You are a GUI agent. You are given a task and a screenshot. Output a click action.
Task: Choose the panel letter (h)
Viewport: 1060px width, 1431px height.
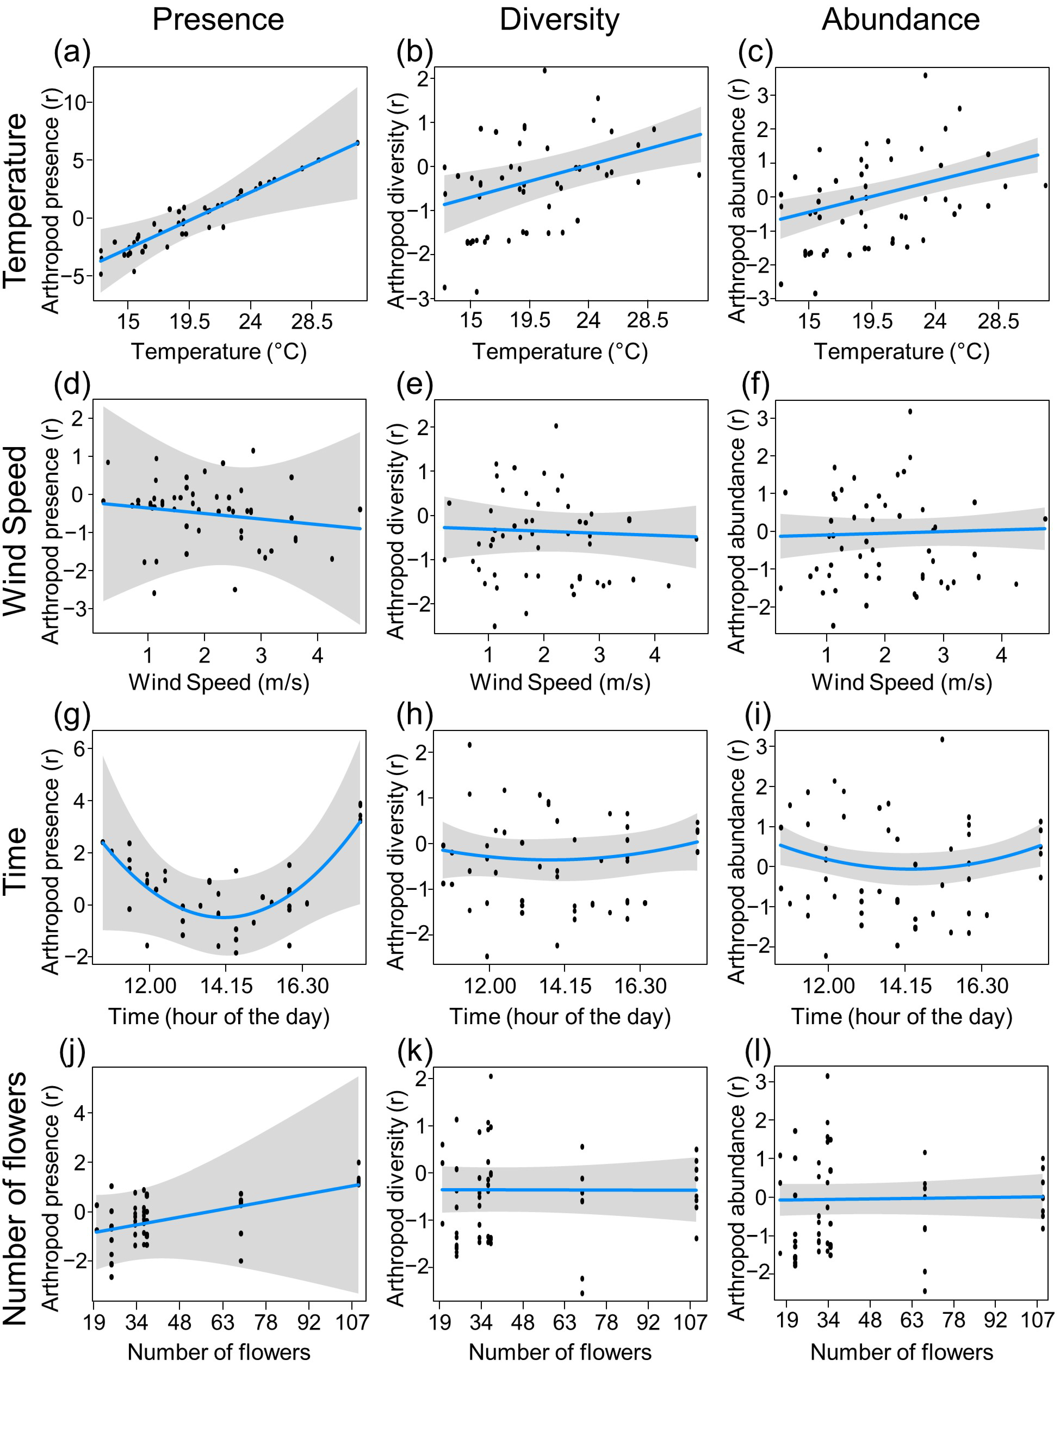414,715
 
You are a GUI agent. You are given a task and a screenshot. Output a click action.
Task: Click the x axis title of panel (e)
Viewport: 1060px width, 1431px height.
560,682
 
